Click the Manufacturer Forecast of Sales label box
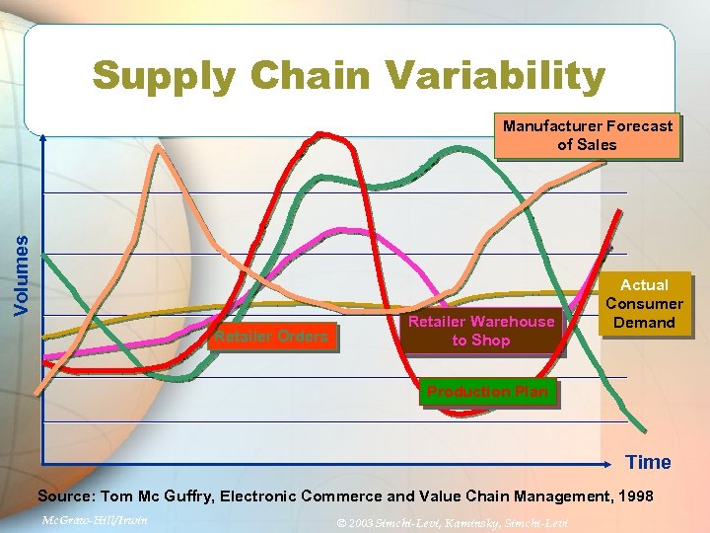pyautogui.click(x=587, y=135)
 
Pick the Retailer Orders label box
pyautogui.click(x=270, y=337)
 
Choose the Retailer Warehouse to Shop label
pyautogui.click(x=481, y=331)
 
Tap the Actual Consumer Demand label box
pyautogui.click(x=644, y=303)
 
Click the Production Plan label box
pyautogui.click(x=487, y=392)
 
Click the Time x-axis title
pyautogui.click(x=648, y=462)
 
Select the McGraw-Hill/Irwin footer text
pyautogui.click(x=96, y=519)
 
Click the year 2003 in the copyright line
pyautogui.click(x=361, y=521)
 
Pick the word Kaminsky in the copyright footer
pyautogui.click(x=467, y=521)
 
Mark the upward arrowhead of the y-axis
pyautogui.click(x=43, y=137)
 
